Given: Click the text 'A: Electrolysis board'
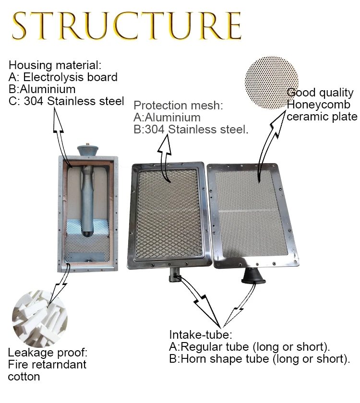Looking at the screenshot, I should click(x=63, y=77).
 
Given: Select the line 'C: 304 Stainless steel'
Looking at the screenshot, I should click(x=66, y=101).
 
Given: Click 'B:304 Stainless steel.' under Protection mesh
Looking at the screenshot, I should click(x=191, y=129).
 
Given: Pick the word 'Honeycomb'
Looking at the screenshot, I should click(x=318, y=105).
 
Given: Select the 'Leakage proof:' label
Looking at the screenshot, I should click(x=48, y=353).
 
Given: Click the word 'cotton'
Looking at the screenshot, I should click(x=24, y=376).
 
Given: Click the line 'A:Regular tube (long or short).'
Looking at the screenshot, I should click(x=250, y=347).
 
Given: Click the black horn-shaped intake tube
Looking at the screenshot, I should click(x=252, y=276).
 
